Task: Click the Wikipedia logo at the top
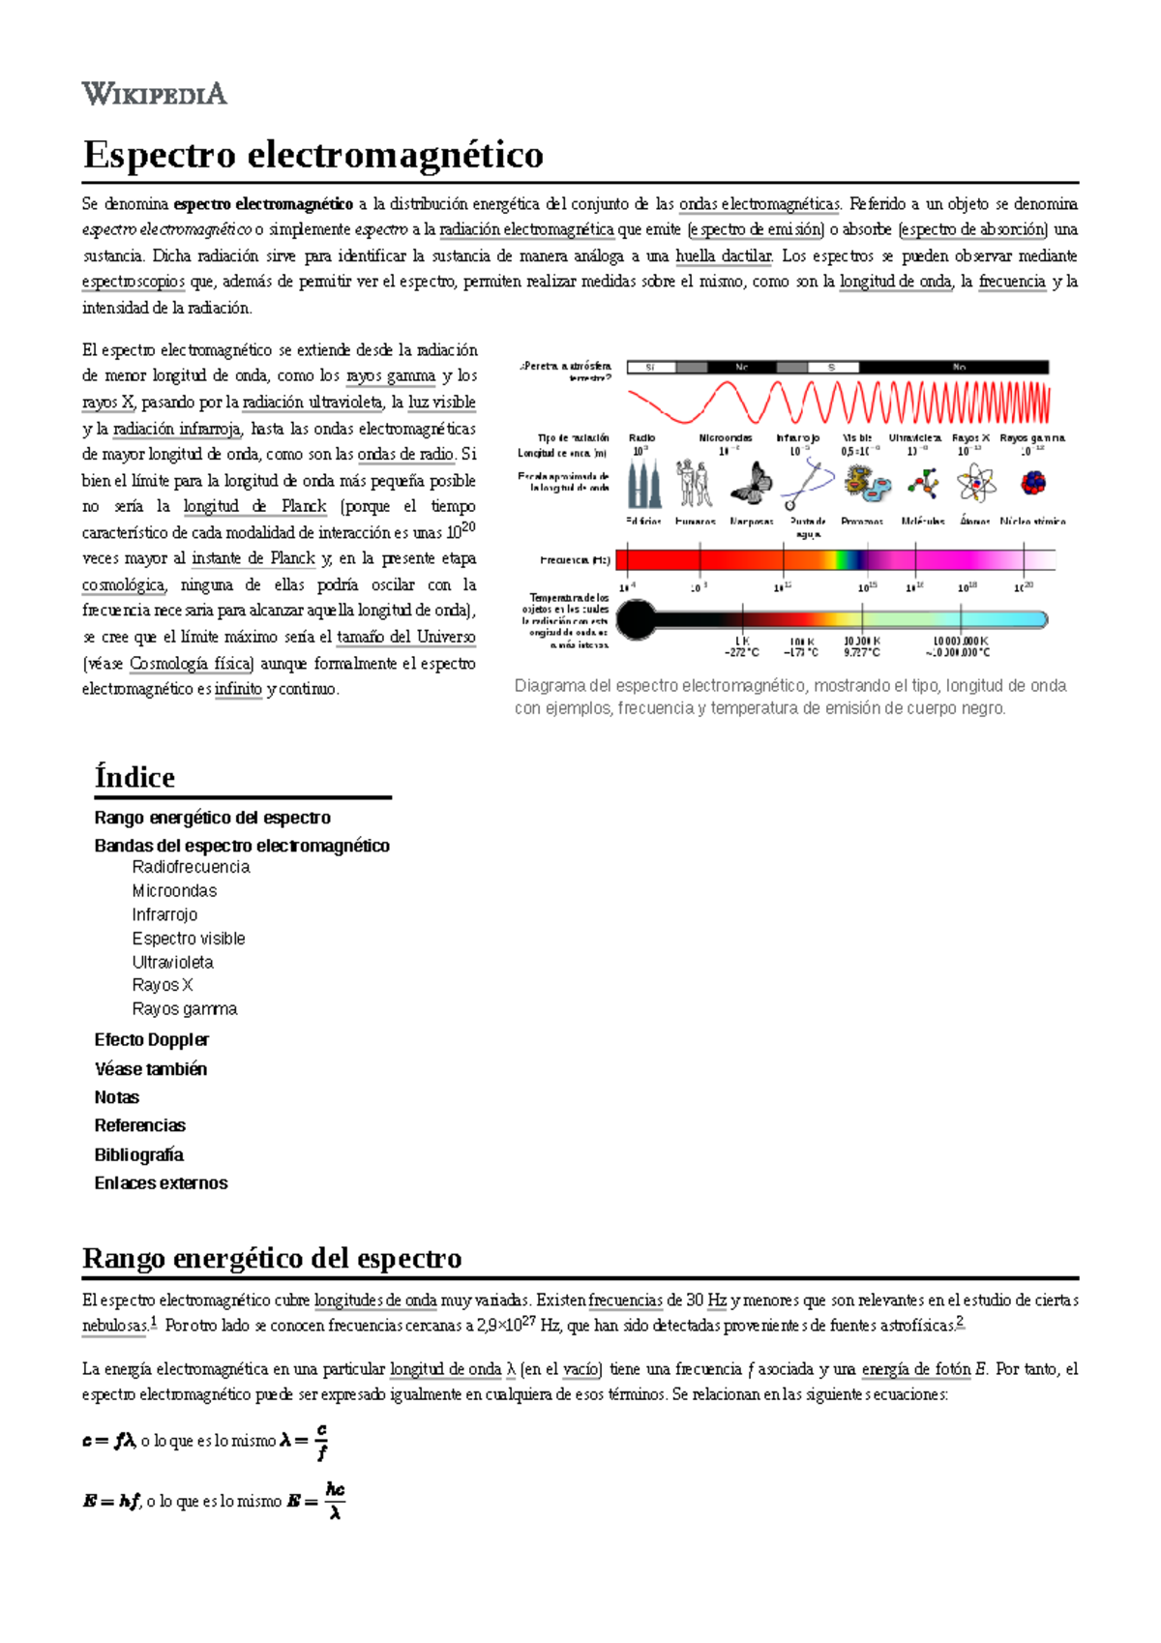point(155,94)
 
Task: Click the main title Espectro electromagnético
point(313,155)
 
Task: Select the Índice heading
point(134,777)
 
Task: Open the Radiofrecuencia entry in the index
point(191,867)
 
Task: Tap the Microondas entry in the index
point(174,890)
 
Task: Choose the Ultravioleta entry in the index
point(172,962)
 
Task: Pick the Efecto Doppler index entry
point(151,1039)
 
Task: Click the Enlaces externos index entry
point(161,1182)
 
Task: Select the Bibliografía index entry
point(138,1154)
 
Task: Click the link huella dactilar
point(723,256)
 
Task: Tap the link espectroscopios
point(134,282)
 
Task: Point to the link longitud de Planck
point(254,506)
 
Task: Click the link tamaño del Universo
point(405,637)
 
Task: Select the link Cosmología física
point(191,664)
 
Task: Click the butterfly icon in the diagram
point(752,483)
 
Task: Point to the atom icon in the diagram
point(975,483)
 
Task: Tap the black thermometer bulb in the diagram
point(636,620)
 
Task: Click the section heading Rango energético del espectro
point(272,1258)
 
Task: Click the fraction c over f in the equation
point(321,1441)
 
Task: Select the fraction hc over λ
point(335,1501)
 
